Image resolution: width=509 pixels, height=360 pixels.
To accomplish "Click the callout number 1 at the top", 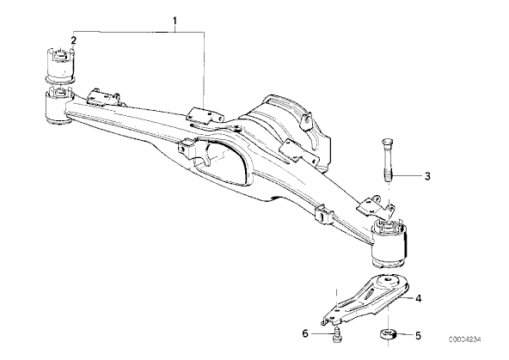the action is (175, 21).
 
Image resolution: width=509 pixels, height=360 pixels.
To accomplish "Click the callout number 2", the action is (74, 40).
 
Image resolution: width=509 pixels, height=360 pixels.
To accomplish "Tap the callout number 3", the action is (427, 176).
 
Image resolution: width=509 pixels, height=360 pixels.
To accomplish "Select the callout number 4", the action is (419, 298).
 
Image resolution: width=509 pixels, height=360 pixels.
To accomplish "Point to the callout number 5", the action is (419, 336).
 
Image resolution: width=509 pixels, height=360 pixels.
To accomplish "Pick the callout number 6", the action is (305, 333).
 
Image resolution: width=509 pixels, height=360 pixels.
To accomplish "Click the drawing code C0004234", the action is (465, 339).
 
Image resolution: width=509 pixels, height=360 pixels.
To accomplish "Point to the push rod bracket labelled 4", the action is (365, 299).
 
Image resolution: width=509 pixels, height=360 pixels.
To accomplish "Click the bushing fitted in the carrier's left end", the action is (58, 106).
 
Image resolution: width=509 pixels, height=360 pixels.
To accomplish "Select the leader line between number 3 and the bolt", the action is (407, 176).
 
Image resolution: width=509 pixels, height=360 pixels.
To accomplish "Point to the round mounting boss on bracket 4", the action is (387, 281).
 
